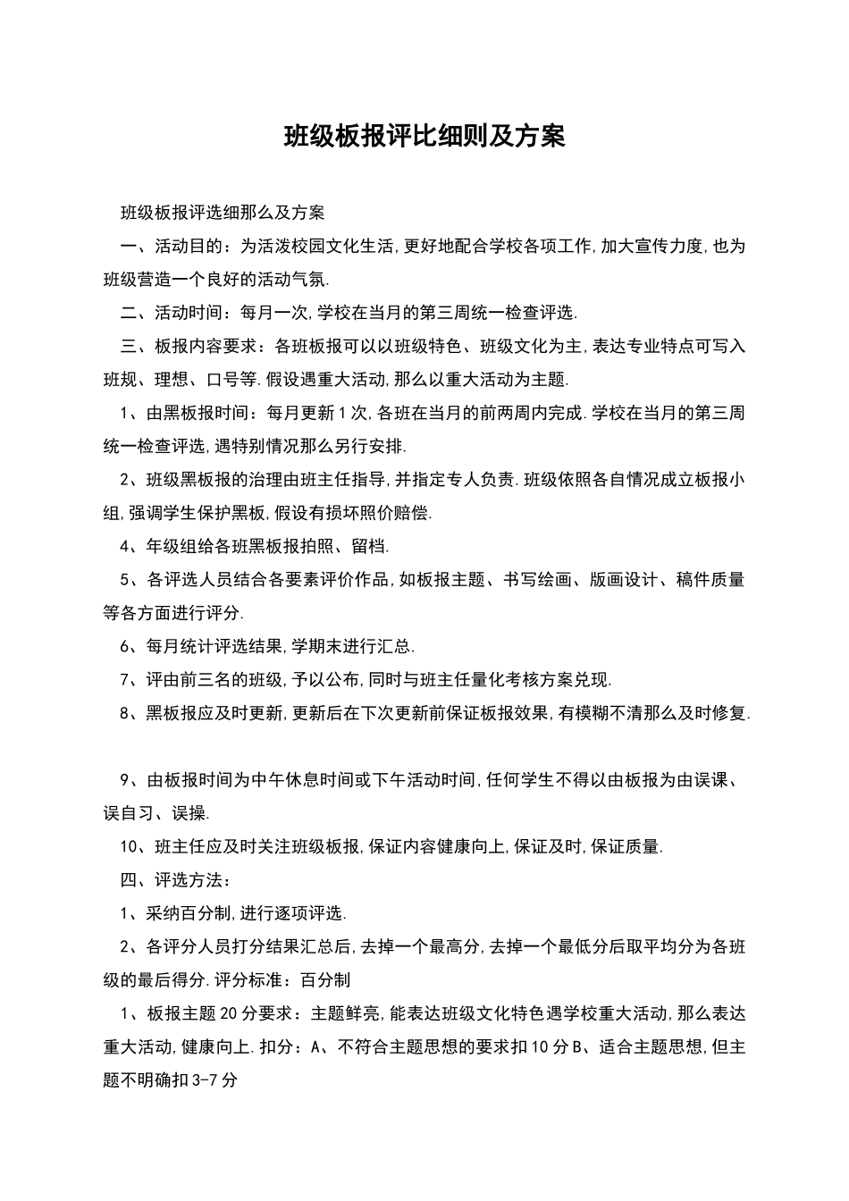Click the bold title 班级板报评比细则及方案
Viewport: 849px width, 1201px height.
pos(424,137)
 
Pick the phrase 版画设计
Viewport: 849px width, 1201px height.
pos(624,580)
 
